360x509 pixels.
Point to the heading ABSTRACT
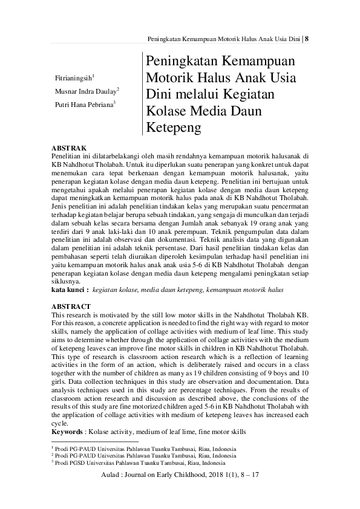[x=71, y=307]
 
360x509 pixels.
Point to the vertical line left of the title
[x=142, y=94]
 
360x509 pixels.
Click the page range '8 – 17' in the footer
[x=249, y=477]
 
